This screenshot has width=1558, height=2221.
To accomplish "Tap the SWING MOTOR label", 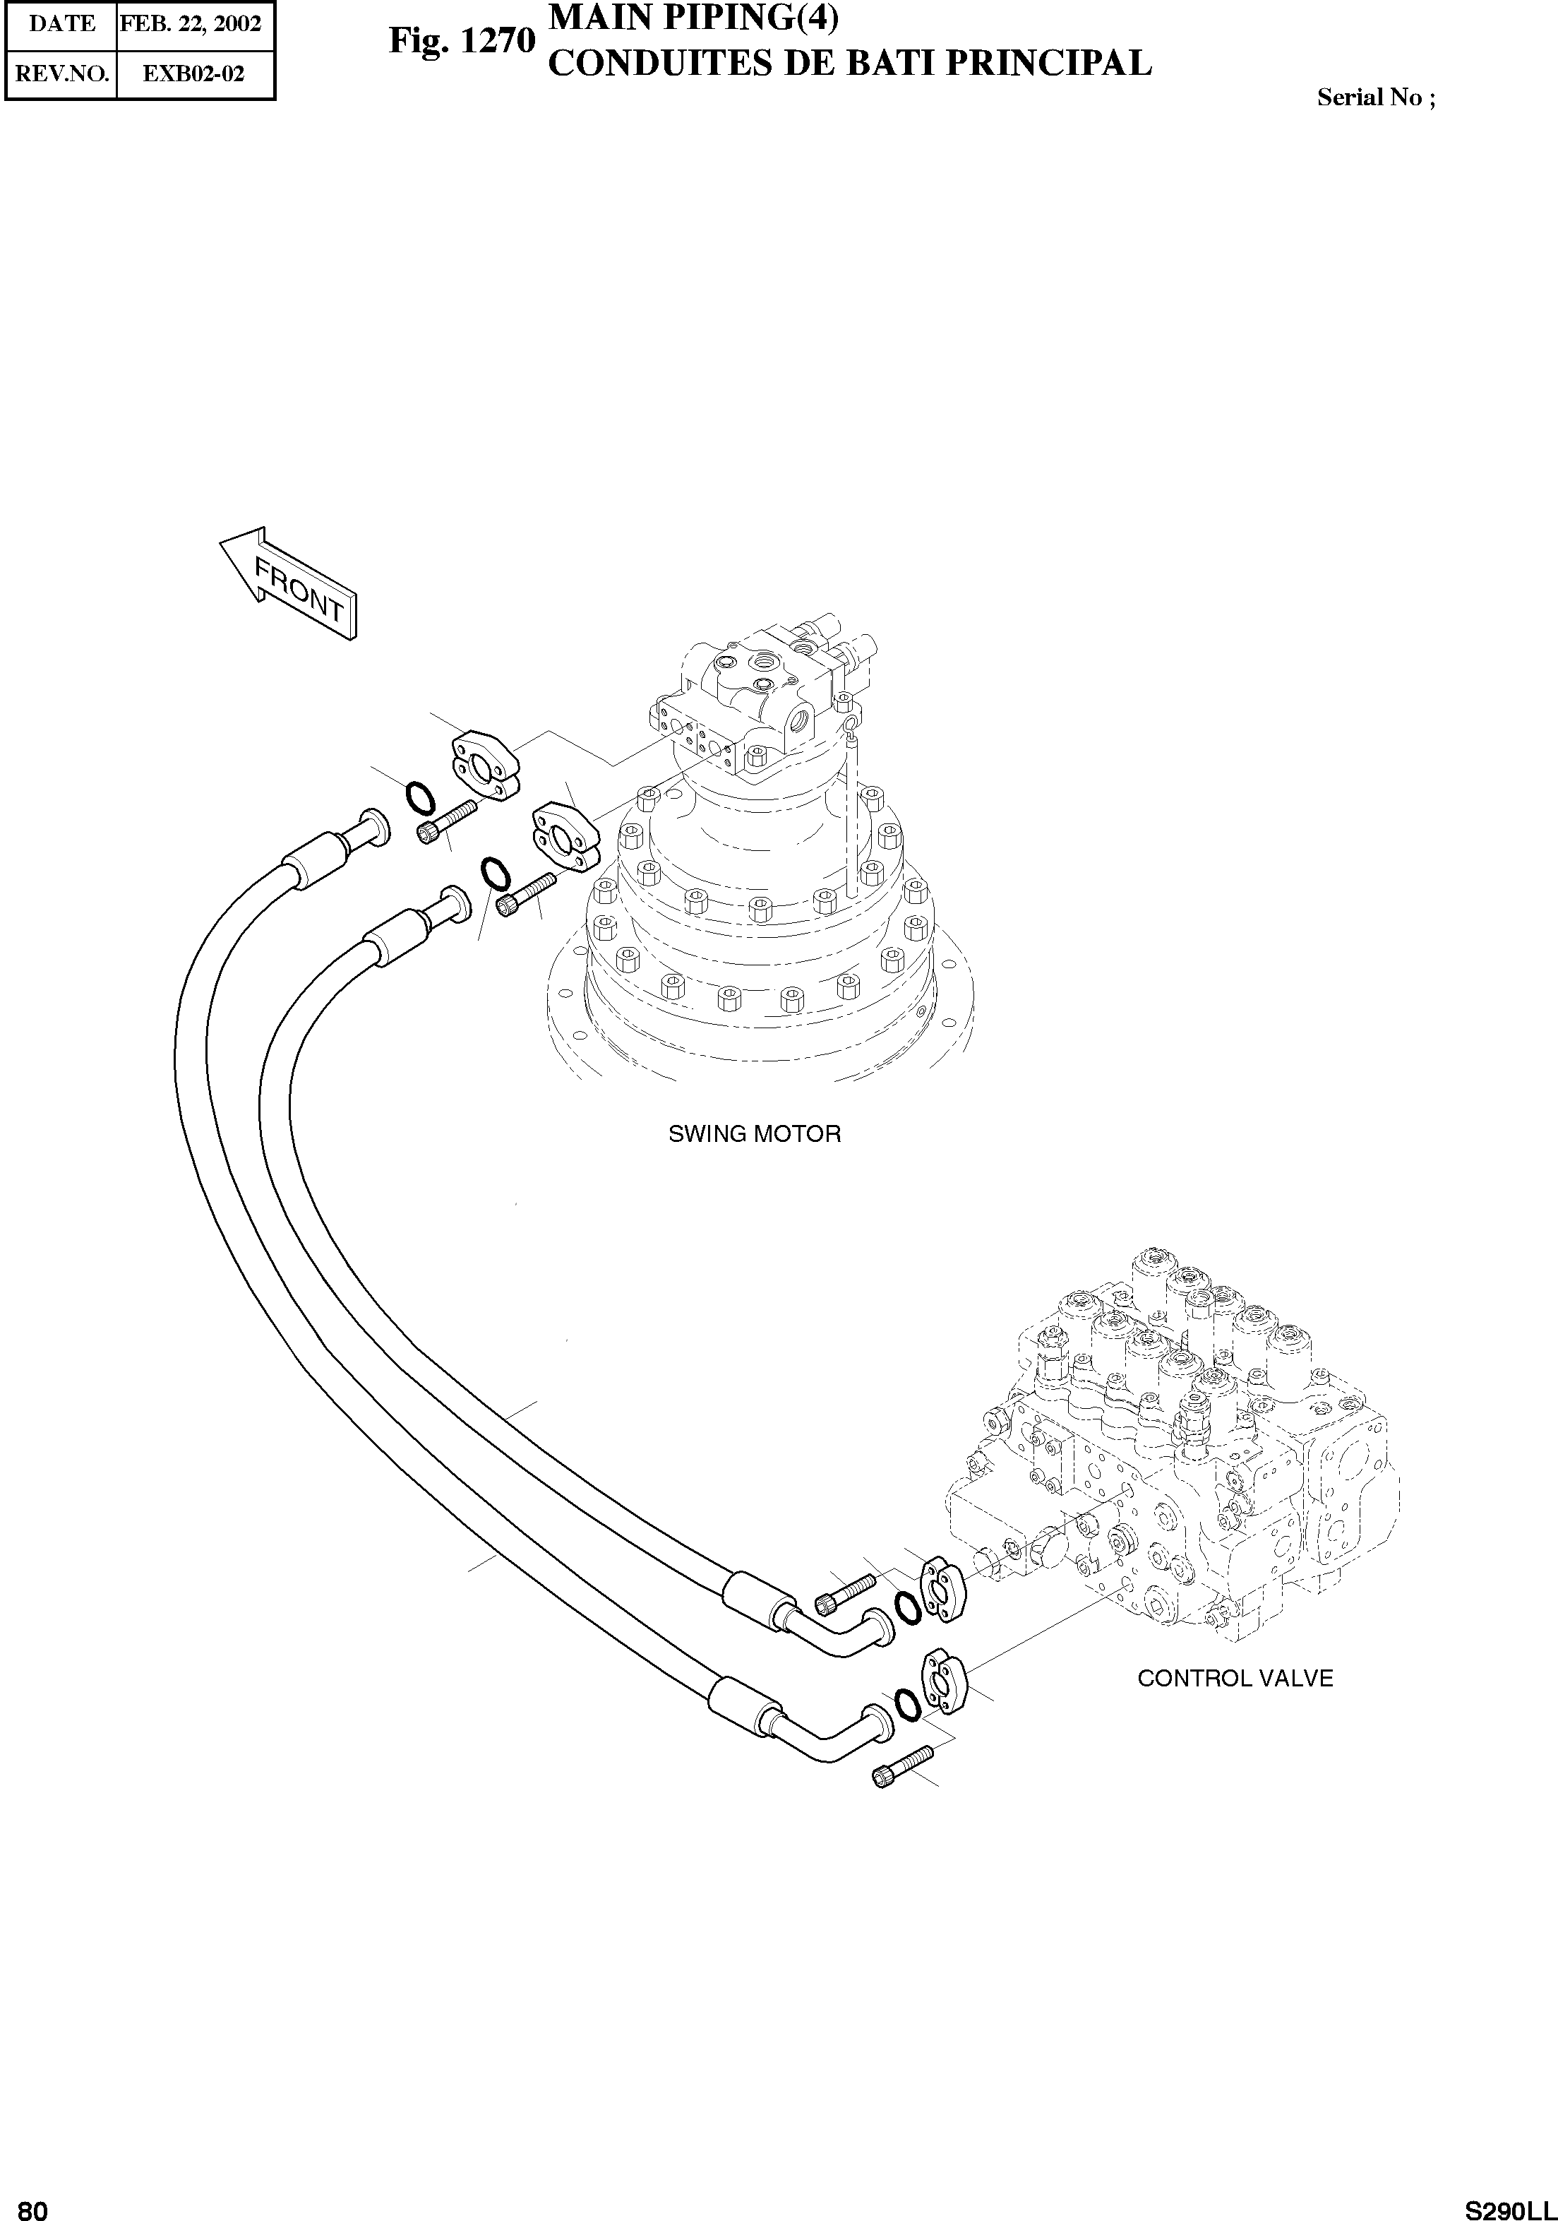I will (x=755, y=1133).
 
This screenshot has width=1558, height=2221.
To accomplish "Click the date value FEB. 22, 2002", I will (x=191, y=23).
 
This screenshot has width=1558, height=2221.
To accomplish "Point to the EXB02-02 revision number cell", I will (x=193, y=73).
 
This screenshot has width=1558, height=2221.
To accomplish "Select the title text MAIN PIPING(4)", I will (x=693, y=18).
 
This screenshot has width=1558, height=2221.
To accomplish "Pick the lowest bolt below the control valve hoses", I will (x=902, y=1766).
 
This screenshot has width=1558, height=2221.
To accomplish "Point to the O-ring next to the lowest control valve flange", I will (x=907, y=1705).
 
